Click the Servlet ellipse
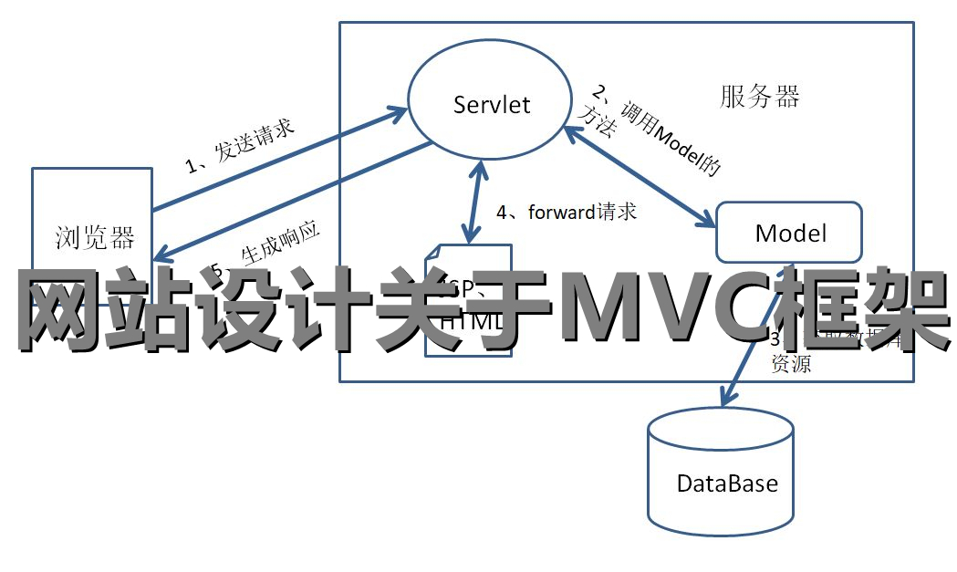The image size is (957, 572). (491, 103)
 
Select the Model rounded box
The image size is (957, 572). (790, 232)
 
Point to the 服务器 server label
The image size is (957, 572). (760, 97)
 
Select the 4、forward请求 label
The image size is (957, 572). (566, 212)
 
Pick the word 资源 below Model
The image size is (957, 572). (791, 366)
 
